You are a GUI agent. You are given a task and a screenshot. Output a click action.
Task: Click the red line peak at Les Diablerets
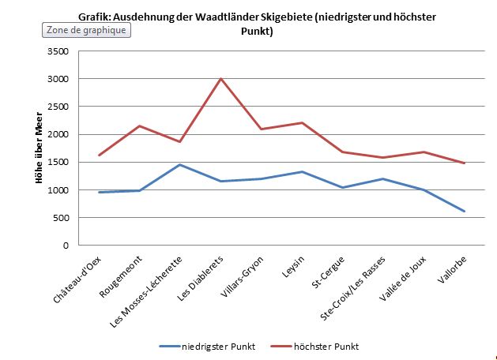point(220,79)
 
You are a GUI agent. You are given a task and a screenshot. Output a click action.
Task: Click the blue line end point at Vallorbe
point(463,212)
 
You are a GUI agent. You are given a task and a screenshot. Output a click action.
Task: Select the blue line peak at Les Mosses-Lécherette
point(180,165)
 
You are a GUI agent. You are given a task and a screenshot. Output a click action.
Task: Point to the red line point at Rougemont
point(140,126)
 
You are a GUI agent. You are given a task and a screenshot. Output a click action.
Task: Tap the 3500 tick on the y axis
point(58,51)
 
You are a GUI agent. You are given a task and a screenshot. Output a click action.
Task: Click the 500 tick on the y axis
point(62,218)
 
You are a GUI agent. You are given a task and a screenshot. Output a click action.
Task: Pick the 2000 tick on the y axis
point(58,134)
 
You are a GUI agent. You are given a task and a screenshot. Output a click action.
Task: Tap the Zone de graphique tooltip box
point(85,30)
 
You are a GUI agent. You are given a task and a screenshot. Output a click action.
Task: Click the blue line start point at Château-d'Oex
point(100,192)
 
